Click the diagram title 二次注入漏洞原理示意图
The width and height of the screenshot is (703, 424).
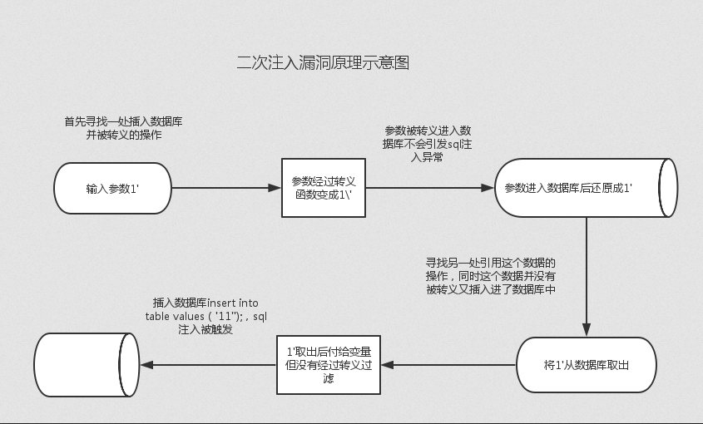[322, 63]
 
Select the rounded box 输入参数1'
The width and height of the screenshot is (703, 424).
[112, 188]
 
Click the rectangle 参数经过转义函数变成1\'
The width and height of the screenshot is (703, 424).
[324, 188]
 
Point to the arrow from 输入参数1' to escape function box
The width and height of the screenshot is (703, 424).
[225, 188]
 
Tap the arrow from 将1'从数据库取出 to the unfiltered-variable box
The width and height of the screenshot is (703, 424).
[449, 365]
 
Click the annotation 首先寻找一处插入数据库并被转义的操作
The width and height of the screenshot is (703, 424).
[124, 128]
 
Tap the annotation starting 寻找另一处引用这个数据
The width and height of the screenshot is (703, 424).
[490, 275]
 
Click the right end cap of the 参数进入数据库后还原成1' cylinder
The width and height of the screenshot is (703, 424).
[668, 188]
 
